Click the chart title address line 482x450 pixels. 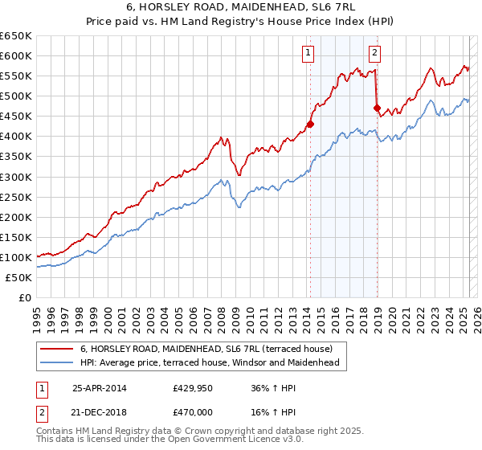click(x=240, y=9)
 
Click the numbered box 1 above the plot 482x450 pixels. click(x=308, y=54)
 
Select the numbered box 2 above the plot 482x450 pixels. click(x=375, y=54)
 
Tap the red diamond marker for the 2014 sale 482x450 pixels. click(x=310, y=124)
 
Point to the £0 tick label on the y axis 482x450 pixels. click(x=25, y=297)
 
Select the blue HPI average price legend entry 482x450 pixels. click(x=210, y=362)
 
